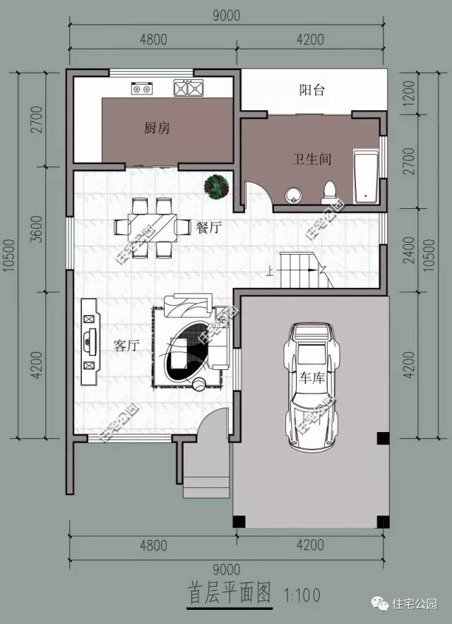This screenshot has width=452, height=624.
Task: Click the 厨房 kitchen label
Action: point(157,128)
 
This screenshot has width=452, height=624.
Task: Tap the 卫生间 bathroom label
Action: point(311,160)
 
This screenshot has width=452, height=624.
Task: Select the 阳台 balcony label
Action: point(311,90)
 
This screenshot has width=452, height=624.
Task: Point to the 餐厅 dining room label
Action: point(209,227)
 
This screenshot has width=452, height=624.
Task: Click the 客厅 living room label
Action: point(125,345)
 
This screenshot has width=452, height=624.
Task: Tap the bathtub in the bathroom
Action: point(365,176)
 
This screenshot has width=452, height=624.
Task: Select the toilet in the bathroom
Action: point(329,191)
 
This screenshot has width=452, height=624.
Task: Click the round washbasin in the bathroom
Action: point(295,195)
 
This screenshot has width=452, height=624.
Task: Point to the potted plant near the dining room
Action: point(215,186)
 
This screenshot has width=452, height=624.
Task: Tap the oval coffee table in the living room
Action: point(189,351)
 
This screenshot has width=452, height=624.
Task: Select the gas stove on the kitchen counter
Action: point(142,89)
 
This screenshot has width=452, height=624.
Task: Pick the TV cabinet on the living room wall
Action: point(88,340)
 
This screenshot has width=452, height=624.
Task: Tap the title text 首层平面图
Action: point(230,592)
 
